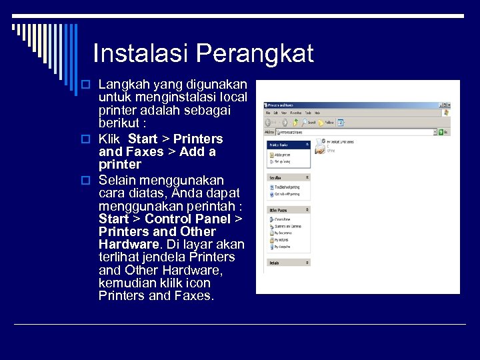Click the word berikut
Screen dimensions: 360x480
[x=119, y=124]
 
